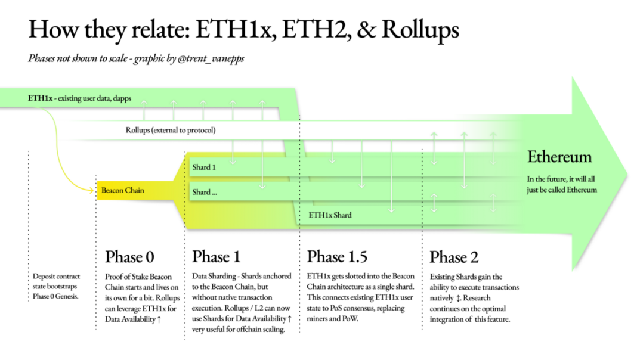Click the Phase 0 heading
coord(129,257)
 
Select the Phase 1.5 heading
coord(337,256)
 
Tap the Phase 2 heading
coord(454,257)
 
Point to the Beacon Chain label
coord(123,190)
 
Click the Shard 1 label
coord(204,167)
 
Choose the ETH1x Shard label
coord(330,215)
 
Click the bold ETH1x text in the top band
coord(40,98)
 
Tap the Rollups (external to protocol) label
coord(171,131)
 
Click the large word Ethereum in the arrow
coord(559,157)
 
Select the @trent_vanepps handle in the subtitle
coord(211,59)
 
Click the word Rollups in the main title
coord(420,30)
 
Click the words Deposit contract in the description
coord(56,277)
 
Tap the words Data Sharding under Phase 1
coord(214,277)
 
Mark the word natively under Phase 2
coord(441,298)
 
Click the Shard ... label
coord(205,193)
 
